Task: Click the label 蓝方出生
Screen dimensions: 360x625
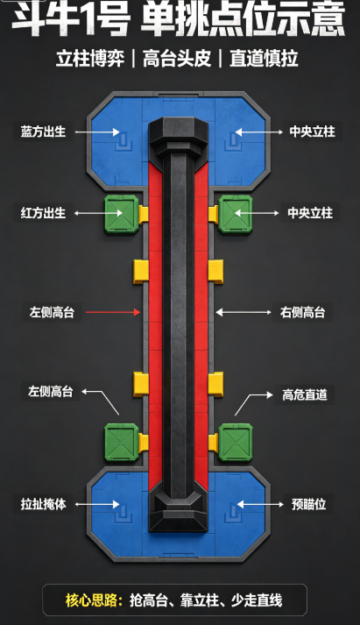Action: click(x=44, y=131)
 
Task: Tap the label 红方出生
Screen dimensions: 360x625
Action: click(x=44, y=213)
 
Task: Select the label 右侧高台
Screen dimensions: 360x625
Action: click(x=303, y=312)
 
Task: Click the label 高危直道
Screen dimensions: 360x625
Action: click(x=305, y=394)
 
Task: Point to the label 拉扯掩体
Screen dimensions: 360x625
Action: click(x=44, y=504)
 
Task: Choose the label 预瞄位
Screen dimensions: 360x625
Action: click(x=308, y=504)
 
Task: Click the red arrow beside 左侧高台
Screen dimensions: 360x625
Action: click(x=113, y=312)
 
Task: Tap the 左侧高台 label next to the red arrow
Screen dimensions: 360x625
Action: click(x=52, y=312)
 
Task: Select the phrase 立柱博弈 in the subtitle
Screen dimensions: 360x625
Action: click(x=90, y=59)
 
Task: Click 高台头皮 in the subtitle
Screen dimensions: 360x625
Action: click(x=177, y=59)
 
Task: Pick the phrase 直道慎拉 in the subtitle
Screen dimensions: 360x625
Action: click(x=264, y=59)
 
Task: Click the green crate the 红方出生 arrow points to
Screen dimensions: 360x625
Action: click(x=122, y=214)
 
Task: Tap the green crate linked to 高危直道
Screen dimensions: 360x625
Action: click(x=236, y=443)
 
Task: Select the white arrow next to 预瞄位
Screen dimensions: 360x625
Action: click(x=260, y=504)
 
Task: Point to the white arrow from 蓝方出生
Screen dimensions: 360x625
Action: click(x=97, y=132)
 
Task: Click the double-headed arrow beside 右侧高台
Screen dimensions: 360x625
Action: click(x=244, y=312)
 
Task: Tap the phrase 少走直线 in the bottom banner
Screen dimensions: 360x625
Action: click(x=257, y=600)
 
